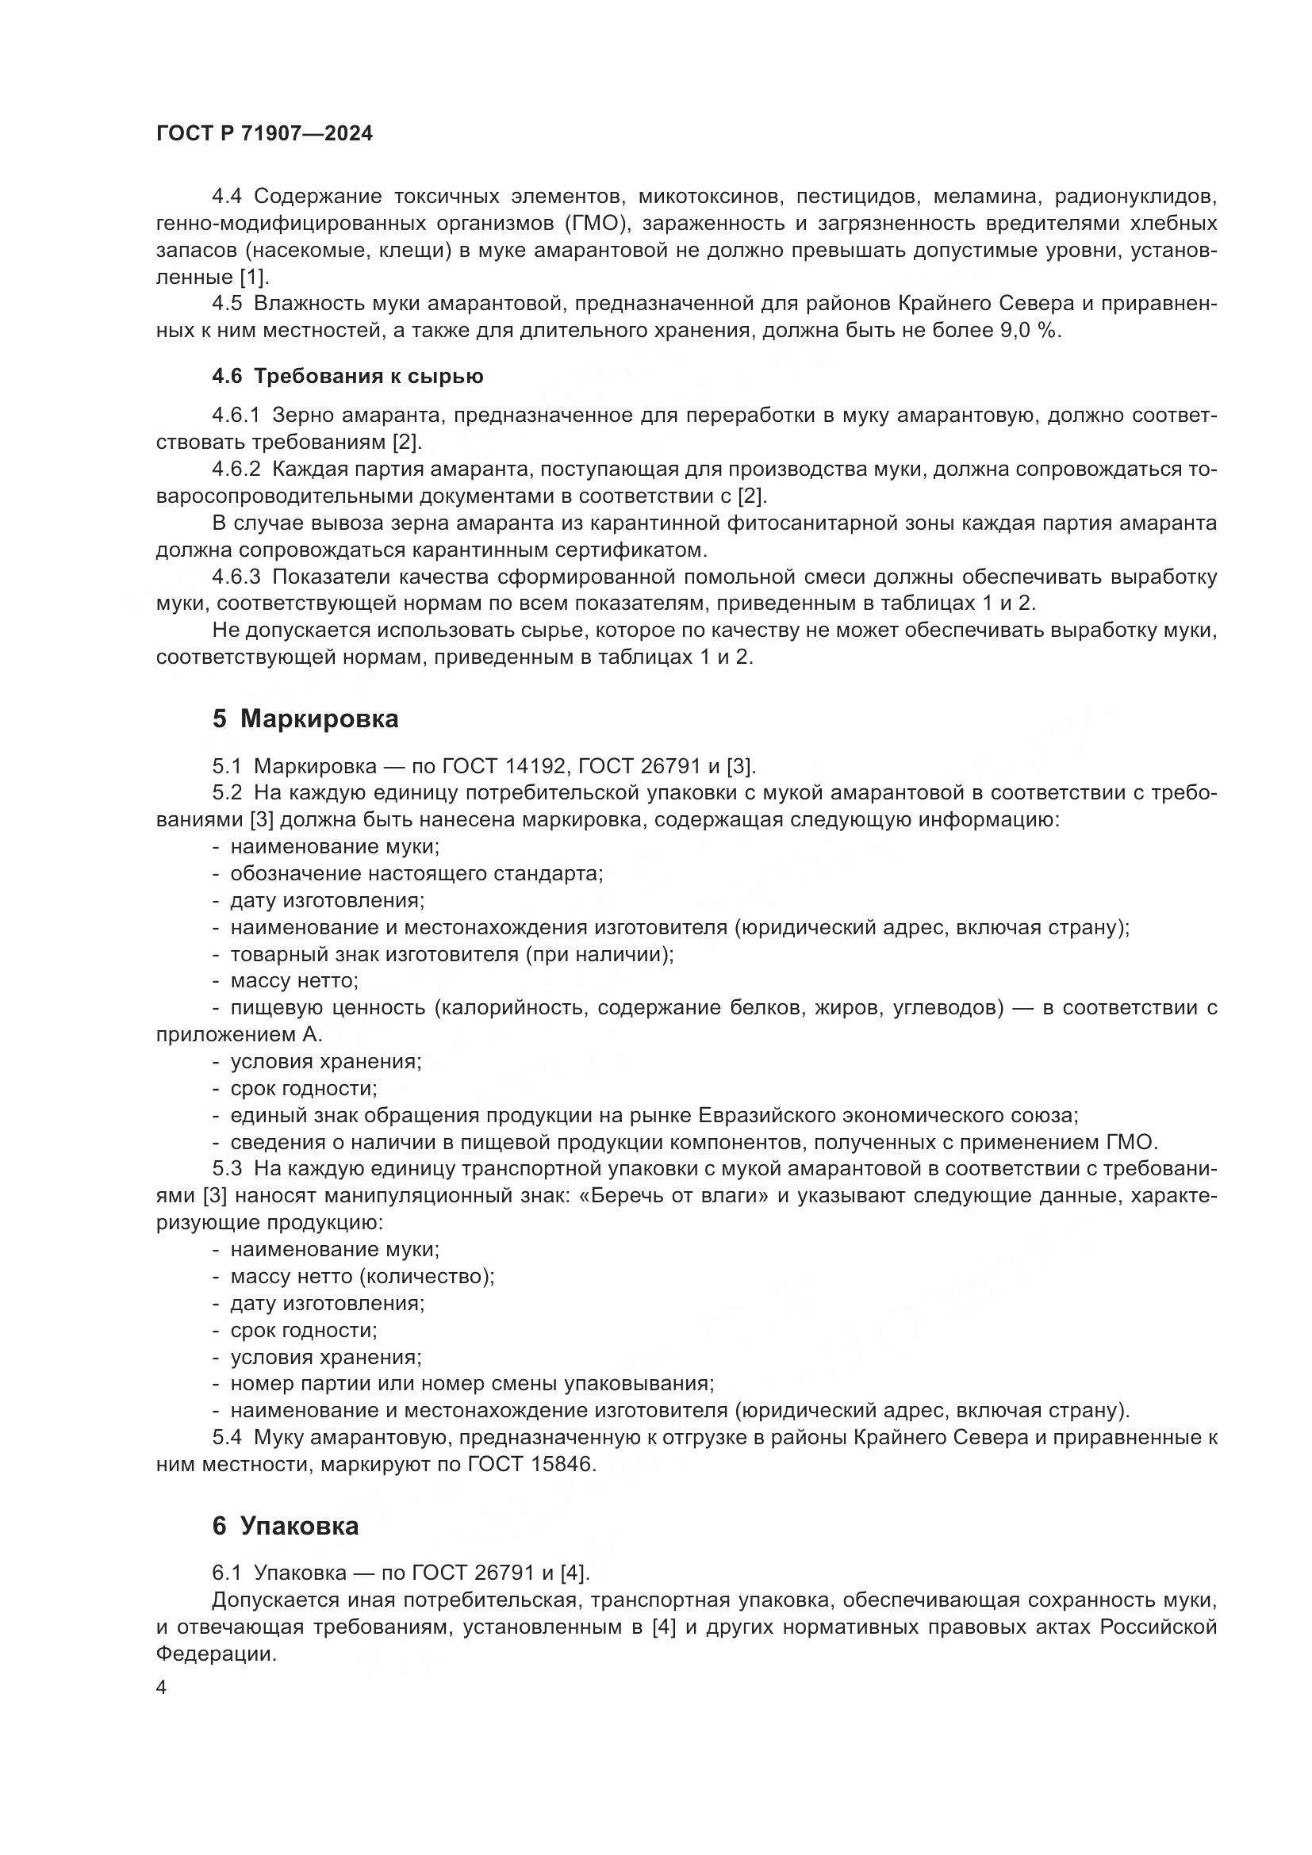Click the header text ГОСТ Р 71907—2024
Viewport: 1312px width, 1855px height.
[264, 134]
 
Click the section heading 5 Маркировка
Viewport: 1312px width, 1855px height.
[305, 719]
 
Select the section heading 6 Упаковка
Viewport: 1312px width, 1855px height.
[286, 1526]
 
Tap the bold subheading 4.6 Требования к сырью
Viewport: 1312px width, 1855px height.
[347, 377]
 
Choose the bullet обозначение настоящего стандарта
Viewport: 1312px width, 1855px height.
[416, 873]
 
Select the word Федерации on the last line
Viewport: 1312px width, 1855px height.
[216, 1653]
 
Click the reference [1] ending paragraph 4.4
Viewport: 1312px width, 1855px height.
[253, 277]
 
